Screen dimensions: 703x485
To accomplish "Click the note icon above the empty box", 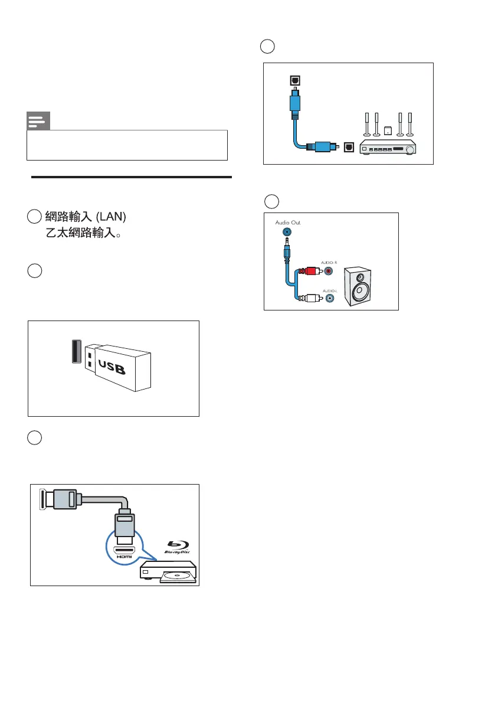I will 38,122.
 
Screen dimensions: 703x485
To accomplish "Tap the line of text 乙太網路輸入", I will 84,233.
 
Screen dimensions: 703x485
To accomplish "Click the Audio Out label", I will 289,222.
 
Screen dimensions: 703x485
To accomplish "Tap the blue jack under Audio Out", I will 287,233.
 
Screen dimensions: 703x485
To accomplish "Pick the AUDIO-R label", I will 328,262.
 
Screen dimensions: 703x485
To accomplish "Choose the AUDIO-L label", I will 328,290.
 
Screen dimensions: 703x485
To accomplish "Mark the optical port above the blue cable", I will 293,81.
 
